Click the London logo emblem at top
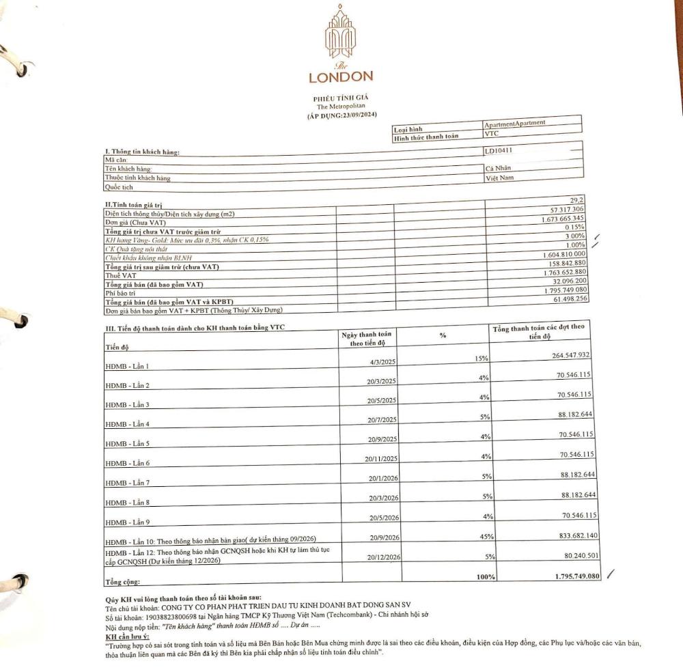click(x=339, y=34)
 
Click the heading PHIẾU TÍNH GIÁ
click(x=340, y=98)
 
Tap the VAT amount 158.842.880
click(x=562, y=262)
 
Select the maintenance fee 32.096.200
click(x=564, y=281)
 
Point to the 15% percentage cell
click(x=481, y=359)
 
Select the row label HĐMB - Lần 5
click(x=127, y=443)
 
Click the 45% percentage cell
click(x=487, y=537)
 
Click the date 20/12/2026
click(x=383, y=557)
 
